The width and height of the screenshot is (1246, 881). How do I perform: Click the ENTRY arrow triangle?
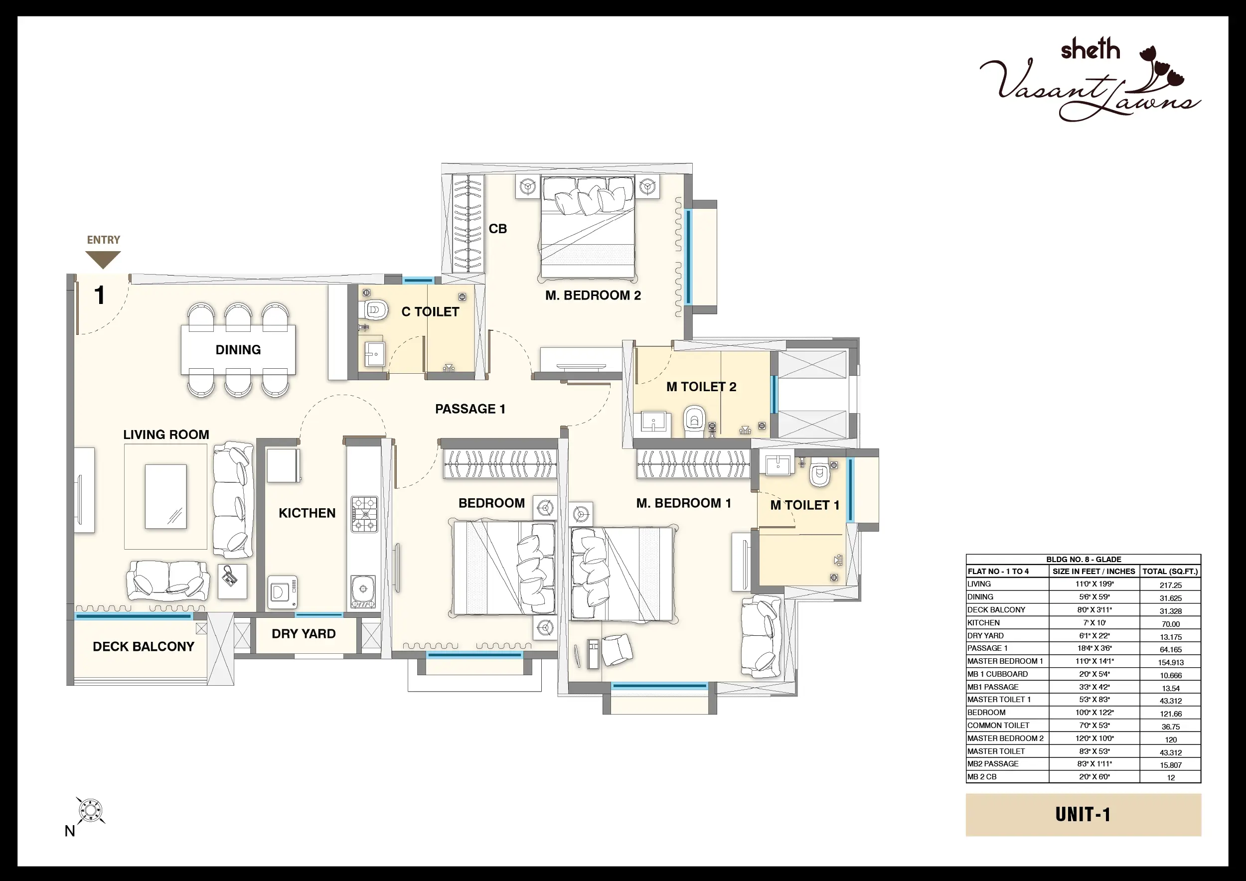103,259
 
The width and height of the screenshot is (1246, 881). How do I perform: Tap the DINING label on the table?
238,350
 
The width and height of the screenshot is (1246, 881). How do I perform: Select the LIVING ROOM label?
166,435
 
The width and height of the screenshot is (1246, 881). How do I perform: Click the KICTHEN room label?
307,513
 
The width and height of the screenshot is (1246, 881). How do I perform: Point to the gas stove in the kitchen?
364,514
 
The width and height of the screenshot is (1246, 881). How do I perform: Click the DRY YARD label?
304,634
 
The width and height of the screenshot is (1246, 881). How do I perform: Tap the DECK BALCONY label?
143,647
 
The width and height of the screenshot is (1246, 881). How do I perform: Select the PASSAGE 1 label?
470,409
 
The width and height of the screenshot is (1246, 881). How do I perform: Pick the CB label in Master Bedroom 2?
497,229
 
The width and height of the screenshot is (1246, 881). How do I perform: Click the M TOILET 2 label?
701,387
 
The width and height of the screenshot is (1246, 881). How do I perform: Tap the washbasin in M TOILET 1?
778,465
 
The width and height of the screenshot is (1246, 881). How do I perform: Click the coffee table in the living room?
166,496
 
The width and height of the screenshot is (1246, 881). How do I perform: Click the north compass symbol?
90,811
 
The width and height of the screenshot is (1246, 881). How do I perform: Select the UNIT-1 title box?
1083,815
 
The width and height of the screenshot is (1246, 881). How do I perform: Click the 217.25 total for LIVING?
1171,586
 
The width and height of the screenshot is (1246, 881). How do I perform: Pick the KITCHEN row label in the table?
983,623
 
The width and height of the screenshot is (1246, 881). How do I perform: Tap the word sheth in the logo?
1090,50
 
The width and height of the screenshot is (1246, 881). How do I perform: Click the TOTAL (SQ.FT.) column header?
1170,571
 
